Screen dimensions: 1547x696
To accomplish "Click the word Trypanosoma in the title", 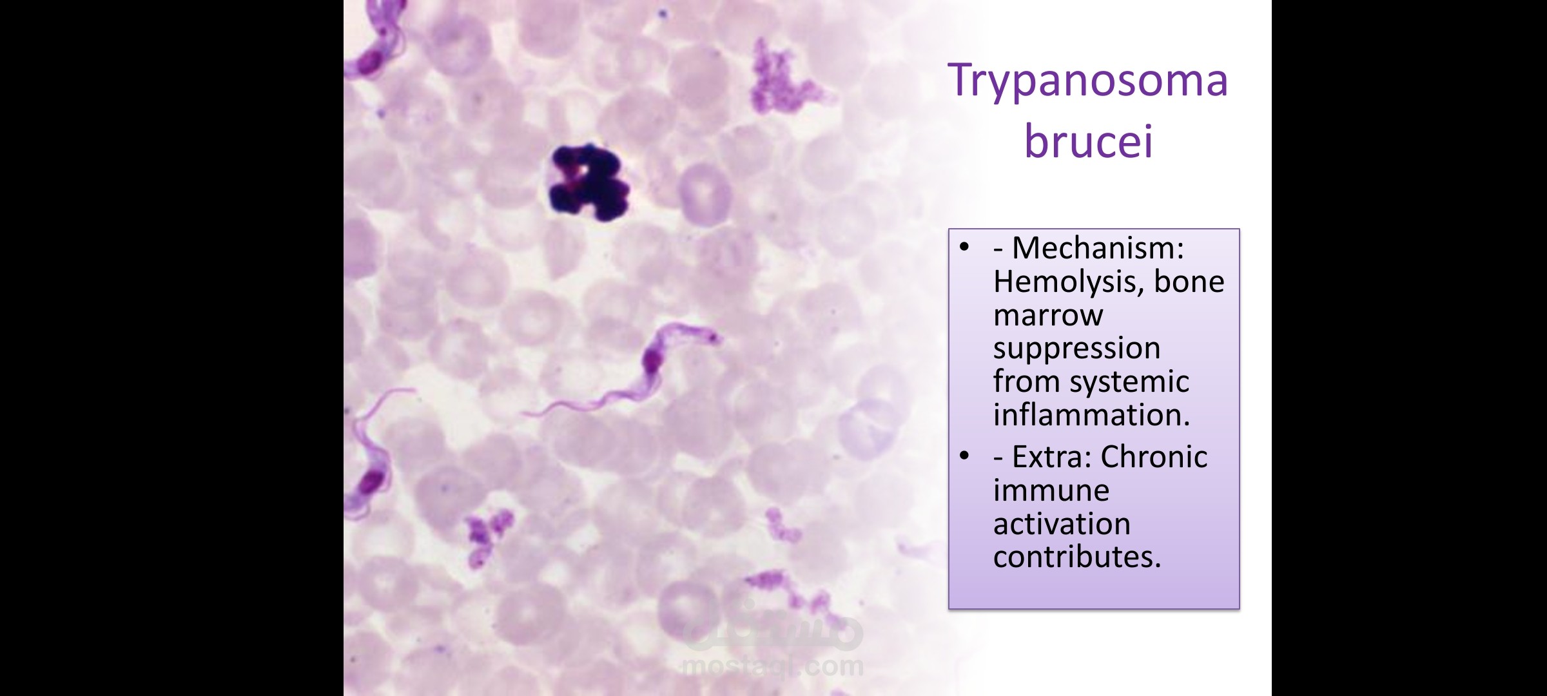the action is pos(1087,82).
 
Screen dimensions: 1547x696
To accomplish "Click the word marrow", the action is pos(1048,315).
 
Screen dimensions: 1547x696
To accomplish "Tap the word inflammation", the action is pos(1091,414).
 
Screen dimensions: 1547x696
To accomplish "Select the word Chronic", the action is pos(1154,457).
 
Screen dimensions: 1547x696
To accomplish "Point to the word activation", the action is pos(1062,523).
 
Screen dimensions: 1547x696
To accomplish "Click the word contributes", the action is pos(1076,557).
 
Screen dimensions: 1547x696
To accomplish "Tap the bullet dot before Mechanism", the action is pos(964,247).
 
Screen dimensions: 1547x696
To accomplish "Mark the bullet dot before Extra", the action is pos(964,456).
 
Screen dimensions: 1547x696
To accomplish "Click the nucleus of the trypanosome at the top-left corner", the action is pos(370,63).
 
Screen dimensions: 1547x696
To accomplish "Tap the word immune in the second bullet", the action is pos(1051,490).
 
